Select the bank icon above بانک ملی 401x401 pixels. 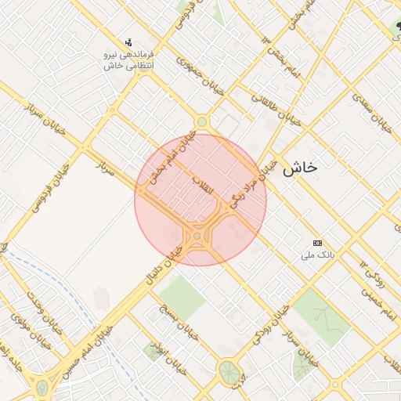point(317,243)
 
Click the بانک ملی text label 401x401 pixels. point(318,255)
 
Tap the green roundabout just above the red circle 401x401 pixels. point(202,121)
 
